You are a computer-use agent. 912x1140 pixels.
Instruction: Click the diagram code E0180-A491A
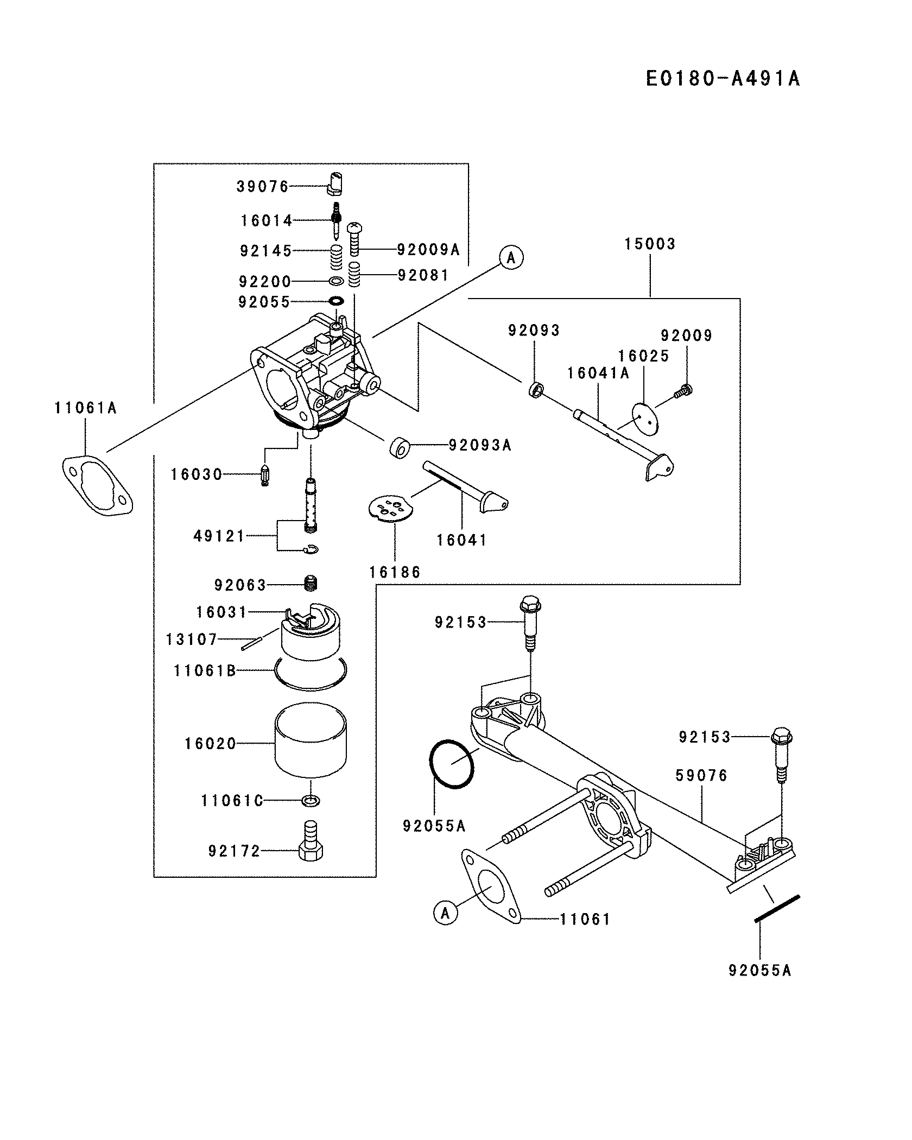(x=723, y=79)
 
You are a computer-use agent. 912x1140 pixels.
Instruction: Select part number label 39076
(x=263, y=187)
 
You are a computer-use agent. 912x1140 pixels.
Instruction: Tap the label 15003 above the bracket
(x=650, y=244)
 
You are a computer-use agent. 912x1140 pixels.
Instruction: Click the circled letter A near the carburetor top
(x=511, y=257)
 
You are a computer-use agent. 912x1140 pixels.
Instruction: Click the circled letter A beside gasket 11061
(x=445, y=913)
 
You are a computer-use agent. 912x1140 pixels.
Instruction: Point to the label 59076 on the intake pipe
(x=701, y=775)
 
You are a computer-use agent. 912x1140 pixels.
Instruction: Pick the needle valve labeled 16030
(x=265, y=476)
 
